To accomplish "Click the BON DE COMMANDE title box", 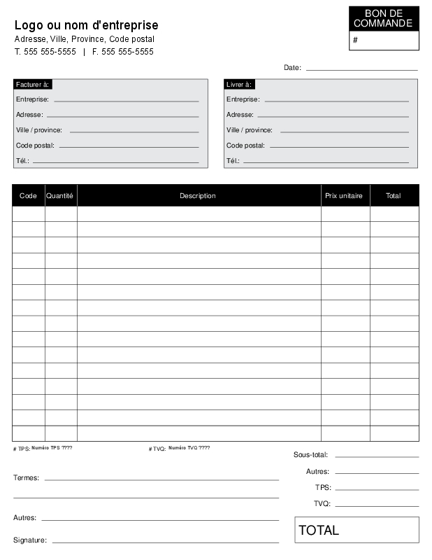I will click(x=383, y=18).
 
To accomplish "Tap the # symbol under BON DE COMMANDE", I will click(x=355, y=41).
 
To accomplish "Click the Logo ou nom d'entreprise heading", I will click(x=86, y=26).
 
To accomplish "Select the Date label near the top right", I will click(x=292, y=68).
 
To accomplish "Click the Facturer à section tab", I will click(x=32, y=84).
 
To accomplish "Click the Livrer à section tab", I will click(x=239, y=84).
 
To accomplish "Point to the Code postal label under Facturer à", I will click(x=35, y=146).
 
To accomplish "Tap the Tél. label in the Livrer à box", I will click(x=233, y=161).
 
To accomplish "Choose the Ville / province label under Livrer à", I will click(x=250, y=130).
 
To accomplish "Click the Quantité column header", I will click(x=60, y=196).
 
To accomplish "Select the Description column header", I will click(x=198, y=196).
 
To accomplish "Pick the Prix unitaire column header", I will click(x=344, y=196).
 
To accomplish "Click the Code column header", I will click(x=28, y=196).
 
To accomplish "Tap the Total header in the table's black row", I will click(x=394, y=196).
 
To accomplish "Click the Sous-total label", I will click(x=310, y=455).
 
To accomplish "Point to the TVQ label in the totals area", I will click(x=322, y=504).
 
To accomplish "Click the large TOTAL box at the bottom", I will click(x=357, y=530).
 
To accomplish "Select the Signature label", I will click(x=30, y=540).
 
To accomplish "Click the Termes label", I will click(x=27, y=478).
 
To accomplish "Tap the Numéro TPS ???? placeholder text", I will click(x=52, y=447).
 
